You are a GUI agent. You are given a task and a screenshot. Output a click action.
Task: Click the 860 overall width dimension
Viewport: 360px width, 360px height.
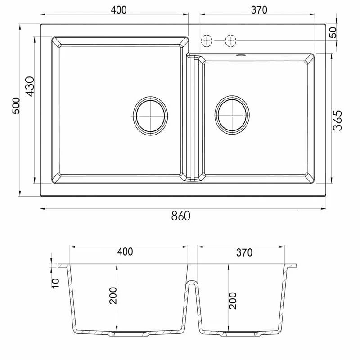tap(181, 216)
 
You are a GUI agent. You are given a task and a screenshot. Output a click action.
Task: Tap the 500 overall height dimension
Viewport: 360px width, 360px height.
tap(16, 106)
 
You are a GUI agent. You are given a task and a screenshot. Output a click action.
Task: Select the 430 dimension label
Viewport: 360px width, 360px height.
tap(30, 86)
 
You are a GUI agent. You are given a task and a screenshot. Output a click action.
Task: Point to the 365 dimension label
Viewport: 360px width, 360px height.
tap(337, 121)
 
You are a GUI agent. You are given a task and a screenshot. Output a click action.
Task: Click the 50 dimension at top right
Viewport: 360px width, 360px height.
tap(333, 32)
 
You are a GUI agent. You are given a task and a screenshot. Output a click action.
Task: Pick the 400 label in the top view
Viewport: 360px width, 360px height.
tap(119, 10)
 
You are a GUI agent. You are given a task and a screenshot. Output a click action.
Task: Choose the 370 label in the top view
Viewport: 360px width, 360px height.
tap(259, 10)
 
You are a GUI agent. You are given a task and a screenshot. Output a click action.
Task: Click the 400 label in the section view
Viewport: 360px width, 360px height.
tap(125, 252)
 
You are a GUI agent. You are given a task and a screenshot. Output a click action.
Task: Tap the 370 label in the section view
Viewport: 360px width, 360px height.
tap(244, 252)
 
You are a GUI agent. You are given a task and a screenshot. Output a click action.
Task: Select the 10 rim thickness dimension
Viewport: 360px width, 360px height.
tap(55, 283)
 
